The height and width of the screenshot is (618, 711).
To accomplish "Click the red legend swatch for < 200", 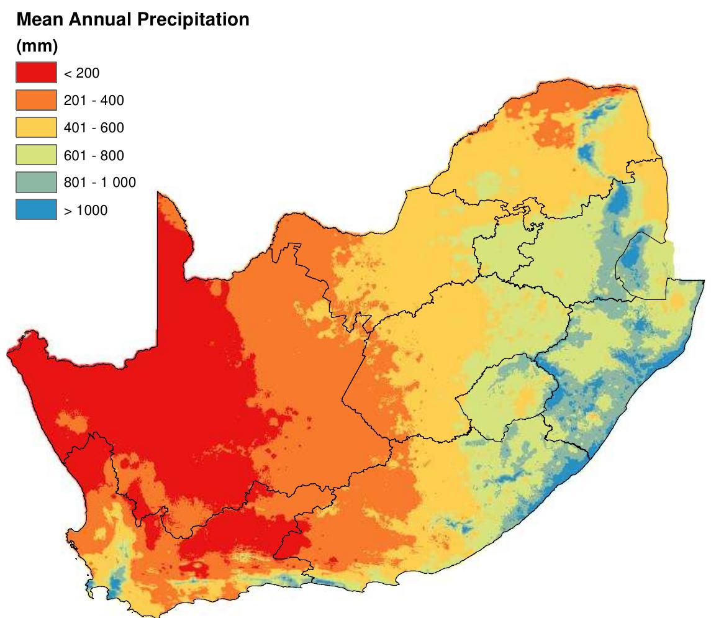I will (36, 73).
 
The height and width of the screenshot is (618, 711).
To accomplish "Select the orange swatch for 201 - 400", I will (36, 101).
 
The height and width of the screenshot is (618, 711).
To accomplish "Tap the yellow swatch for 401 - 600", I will (36, 128).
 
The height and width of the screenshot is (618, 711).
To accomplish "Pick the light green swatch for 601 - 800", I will (36, 155).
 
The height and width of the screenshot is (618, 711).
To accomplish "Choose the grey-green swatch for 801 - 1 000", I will (36, 183).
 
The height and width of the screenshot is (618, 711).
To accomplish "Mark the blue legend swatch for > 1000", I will (36, 210).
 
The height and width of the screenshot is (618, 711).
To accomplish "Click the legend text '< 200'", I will (81, 74).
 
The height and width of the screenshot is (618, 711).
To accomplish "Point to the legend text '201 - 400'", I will (94, 101).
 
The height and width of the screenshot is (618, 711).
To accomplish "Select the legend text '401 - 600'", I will (94, 129).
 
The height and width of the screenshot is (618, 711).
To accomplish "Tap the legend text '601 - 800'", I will (94, 156).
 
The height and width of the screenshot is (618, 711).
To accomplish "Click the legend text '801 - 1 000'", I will (99, 183).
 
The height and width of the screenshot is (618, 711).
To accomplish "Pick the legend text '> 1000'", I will (85, 211).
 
